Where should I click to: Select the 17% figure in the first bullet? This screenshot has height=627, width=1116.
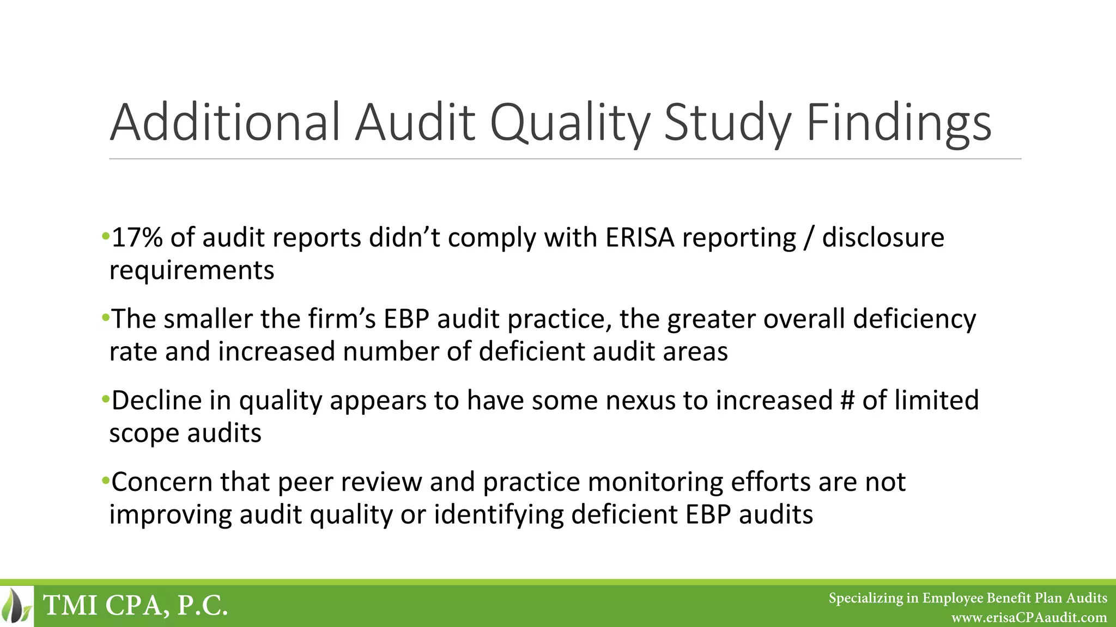click(137, 238)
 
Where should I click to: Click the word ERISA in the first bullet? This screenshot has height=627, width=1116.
click(640, 238)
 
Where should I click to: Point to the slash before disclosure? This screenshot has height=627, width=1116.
click(809, 238)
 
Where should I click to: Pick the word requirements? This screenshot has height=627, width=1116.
click(192, 271)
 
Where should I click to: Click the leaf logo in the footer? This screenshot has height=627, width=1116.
click(17, 606)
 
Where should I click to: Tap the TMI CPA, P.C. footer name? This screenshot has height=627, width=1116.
click(135, 606)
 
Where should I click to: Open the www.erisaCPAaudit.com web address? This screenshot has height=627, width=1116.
click(1029, 618)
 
